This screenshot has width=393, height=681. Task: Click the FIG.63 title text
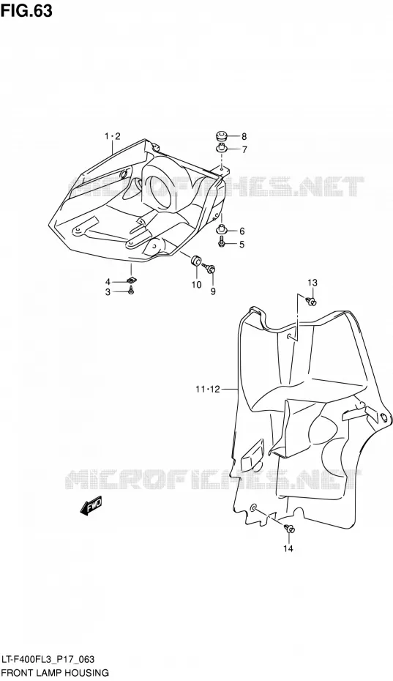tap(26, 11)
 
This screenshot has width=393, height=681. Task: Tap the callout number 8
tap(244, 136)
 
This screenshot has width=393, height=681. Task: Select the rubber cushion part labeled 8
tap(222, 136)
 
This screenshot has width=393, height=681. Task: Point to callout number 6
tap(242, 231)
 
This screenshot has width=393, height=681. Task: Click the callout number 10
tap(196, 284)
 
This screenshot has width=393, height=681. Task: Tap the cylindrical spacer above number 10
tap(196, 261)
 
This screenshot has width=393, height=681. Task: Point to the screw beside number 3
tap(131, 292)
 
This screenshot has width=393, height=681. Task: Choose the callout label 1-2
tap(112, 137)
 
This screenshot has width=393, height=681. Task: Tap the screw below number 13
tap(311, 300)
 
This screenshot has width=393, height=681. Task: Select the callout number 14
tap(288, 548)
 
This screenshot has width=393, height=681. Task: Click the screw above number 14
tap(289, 529)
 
